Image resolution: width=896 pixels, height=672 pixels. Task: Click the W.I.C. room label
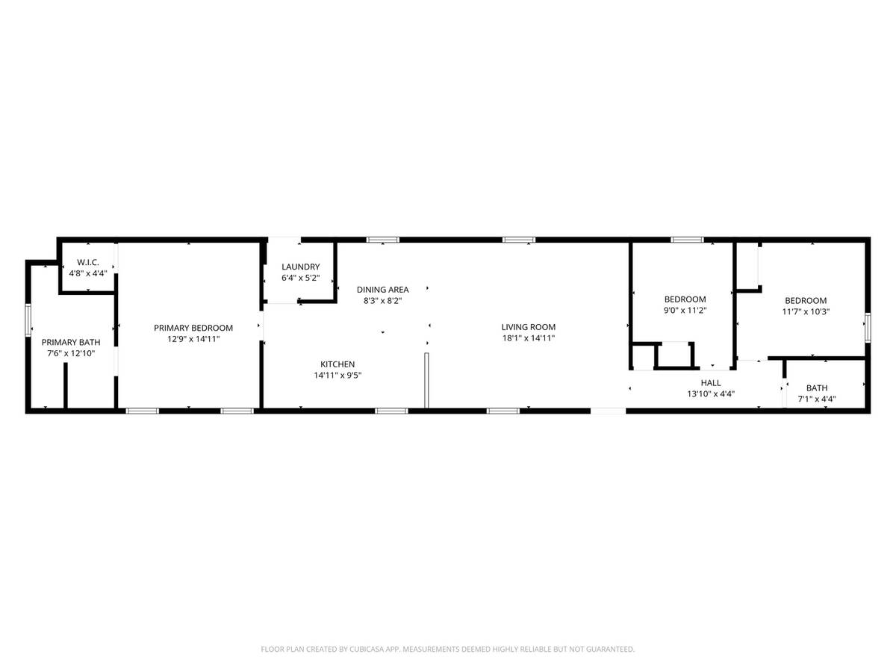(x=88, y=262)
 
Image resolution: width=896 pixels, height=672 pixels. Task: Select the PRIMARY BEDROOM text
(x=193, y=328)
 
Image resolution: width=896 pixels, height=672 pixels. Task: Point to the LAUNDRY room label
(x=301, y=267)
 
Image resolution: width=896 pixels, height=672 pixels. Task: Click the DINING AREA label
(x=382, y=290)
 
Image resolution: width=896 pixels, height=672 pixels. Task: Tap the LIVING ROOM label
(x=528, y=327)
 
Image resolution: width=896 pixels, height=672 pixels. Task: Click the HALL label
(x=711, y=382)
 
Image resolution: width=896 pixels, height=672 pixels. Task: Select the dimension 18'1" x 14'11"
(x=528, y=338)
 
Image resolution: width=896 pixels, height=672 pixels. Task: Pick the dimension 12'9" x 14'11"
(x=193, y=339)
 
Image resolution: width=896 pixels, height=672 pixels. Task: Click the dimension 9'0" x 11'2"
(x=685, y=311)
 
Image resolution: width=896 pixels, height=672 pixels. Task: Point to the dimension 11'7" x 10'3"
(x=805, y=312)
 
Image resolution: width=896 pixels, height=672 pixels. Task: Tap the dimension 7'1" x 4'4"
(x=816, y=399)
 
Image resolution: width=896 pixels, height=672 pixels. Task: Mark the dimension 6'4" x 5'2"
(x=301, y=278)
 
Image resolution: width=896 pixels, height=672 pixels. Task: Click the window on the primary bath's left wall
(x=28, y=320)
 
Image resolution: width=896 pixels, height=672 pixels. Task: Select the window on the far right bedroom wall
(x=868, y=328)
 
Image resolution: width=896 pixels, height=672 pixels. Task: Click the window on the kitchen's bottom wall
(x=391, y=410)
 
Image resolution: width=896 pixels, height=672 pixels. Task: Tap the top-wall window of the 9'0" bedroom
(x=687, y=240)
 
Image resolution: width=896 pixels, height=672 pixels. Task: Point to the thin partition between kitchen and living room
(x=426, y=381)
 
